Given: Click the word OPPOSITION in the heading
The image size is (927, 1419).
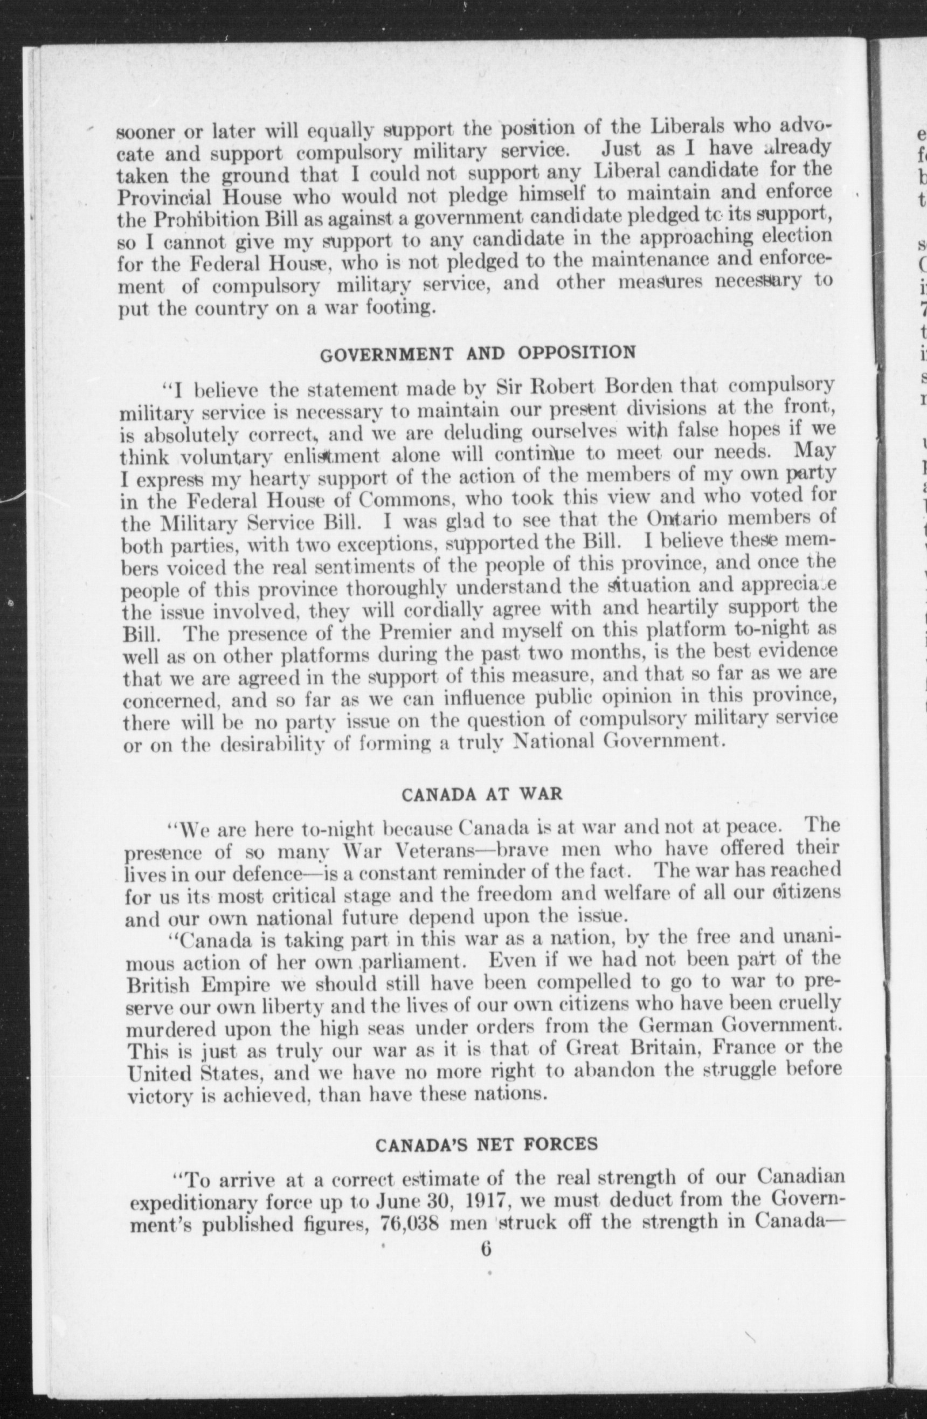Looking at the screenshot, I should coord(576,353).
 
